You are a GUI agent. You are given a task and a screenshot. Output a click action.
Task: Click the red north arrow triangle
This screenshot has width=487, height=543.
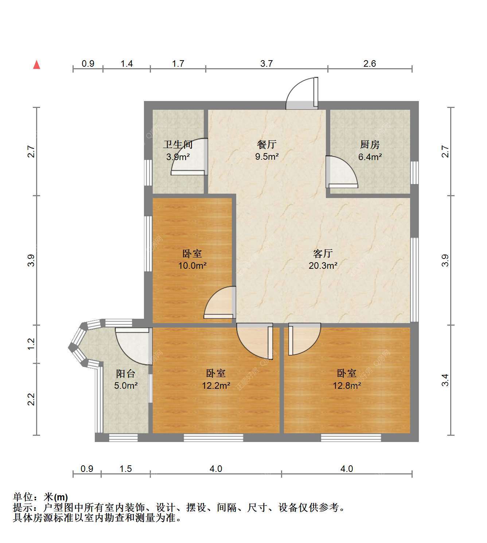[x=36, y=65]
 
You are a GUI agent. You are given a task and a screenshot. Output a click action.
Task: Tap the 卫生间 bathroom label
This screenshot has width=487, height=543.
[x=178, y=144]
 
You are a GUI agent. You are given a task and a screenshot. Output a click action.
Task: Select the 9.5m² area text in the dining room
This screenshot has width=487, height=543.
[x=267, y=156]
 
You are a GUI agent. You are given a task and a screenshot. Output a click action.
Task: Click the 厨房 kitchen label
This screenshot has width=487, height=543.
[x=370, y=144]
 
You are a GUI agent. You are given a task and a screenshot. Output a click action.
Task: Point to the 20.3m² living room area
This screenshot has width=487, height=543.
[x=323, y=265]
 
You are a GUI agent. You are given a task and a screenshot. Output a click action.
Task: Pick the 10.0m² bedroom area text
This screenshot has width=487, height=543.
[x=192, y=265]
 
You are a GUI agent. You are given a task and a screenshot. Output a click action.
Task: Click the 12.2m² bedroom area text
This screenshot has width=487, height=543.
[x=216, y=385]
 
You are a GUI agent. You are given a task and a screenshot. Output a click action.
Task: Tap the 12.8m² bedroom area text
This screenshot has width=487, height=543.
[x=347, y=385]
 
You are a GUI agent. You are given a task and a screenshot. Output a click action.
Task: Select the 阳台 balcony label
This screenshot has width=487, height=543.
[x=126, y=373]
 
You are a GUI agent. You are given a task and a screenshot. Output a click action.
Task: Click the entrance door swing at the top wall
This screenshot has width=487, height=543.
[x=302, y=93]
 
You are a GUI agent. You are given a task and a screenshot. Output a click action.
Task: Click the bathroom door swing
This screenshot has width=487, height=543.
[x=190, y=157]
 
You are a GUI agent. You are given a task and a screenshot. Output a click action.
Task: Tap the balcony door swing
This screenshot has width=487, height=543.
[x=132, y=346]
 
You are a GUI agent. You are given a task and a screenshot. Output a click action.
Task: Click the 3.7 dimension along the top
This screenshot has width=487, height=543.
[x=266, y=63]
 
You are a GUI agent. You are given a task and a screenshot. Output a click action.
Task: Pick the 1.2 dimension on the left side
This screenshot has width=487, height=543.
[x=31, y=344]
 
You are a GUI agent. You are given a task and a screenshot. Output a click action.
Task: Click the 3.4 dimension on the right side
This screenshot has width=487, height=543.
[x=445, y=380]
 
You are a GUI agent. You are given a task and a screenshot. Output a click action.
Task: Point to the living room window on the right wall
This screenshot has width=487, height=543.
[x=414, y=280]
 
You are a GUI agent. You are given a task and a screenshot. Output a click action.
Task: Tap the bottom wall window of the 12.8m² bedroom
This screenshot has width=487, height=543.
[x=351, y=438]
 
